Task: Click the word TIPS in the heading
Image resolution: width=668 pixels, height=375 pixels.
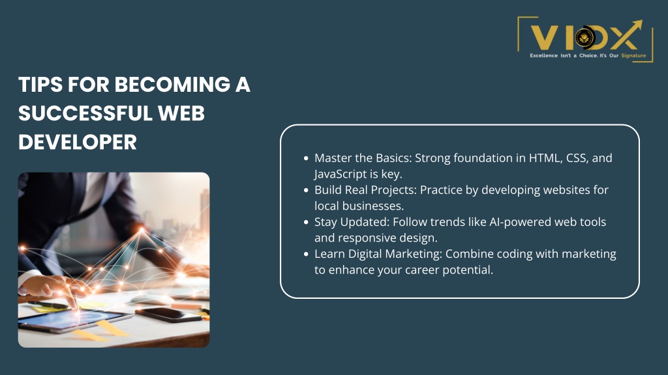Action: [40, 84]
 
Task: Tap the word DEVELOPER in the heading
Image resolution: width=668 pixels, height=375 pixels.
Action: [78, 142]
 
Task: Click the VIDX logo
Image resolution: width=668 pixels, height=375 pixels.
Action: [585, 39]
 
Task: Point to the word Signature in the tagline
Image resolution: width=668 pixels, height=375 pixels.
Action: [633, 56]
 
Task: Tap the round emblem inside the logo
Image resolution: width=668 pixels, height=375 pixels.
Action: [585, 37]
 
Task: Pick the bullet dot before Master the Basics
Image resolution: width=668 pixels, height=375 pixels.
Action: [306, 158]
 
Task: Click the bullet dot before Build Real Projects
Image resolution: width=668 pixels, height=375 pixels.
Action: [306, 190]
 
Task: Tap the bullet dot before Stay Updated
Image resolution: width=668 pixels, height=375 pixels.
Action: [306, 222]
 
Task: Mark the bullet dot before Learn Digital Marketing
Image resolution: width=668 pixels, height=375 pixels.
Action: [306, 254]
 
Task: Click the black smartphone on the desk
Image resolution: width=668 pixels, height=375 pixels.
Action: [168, 315]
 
